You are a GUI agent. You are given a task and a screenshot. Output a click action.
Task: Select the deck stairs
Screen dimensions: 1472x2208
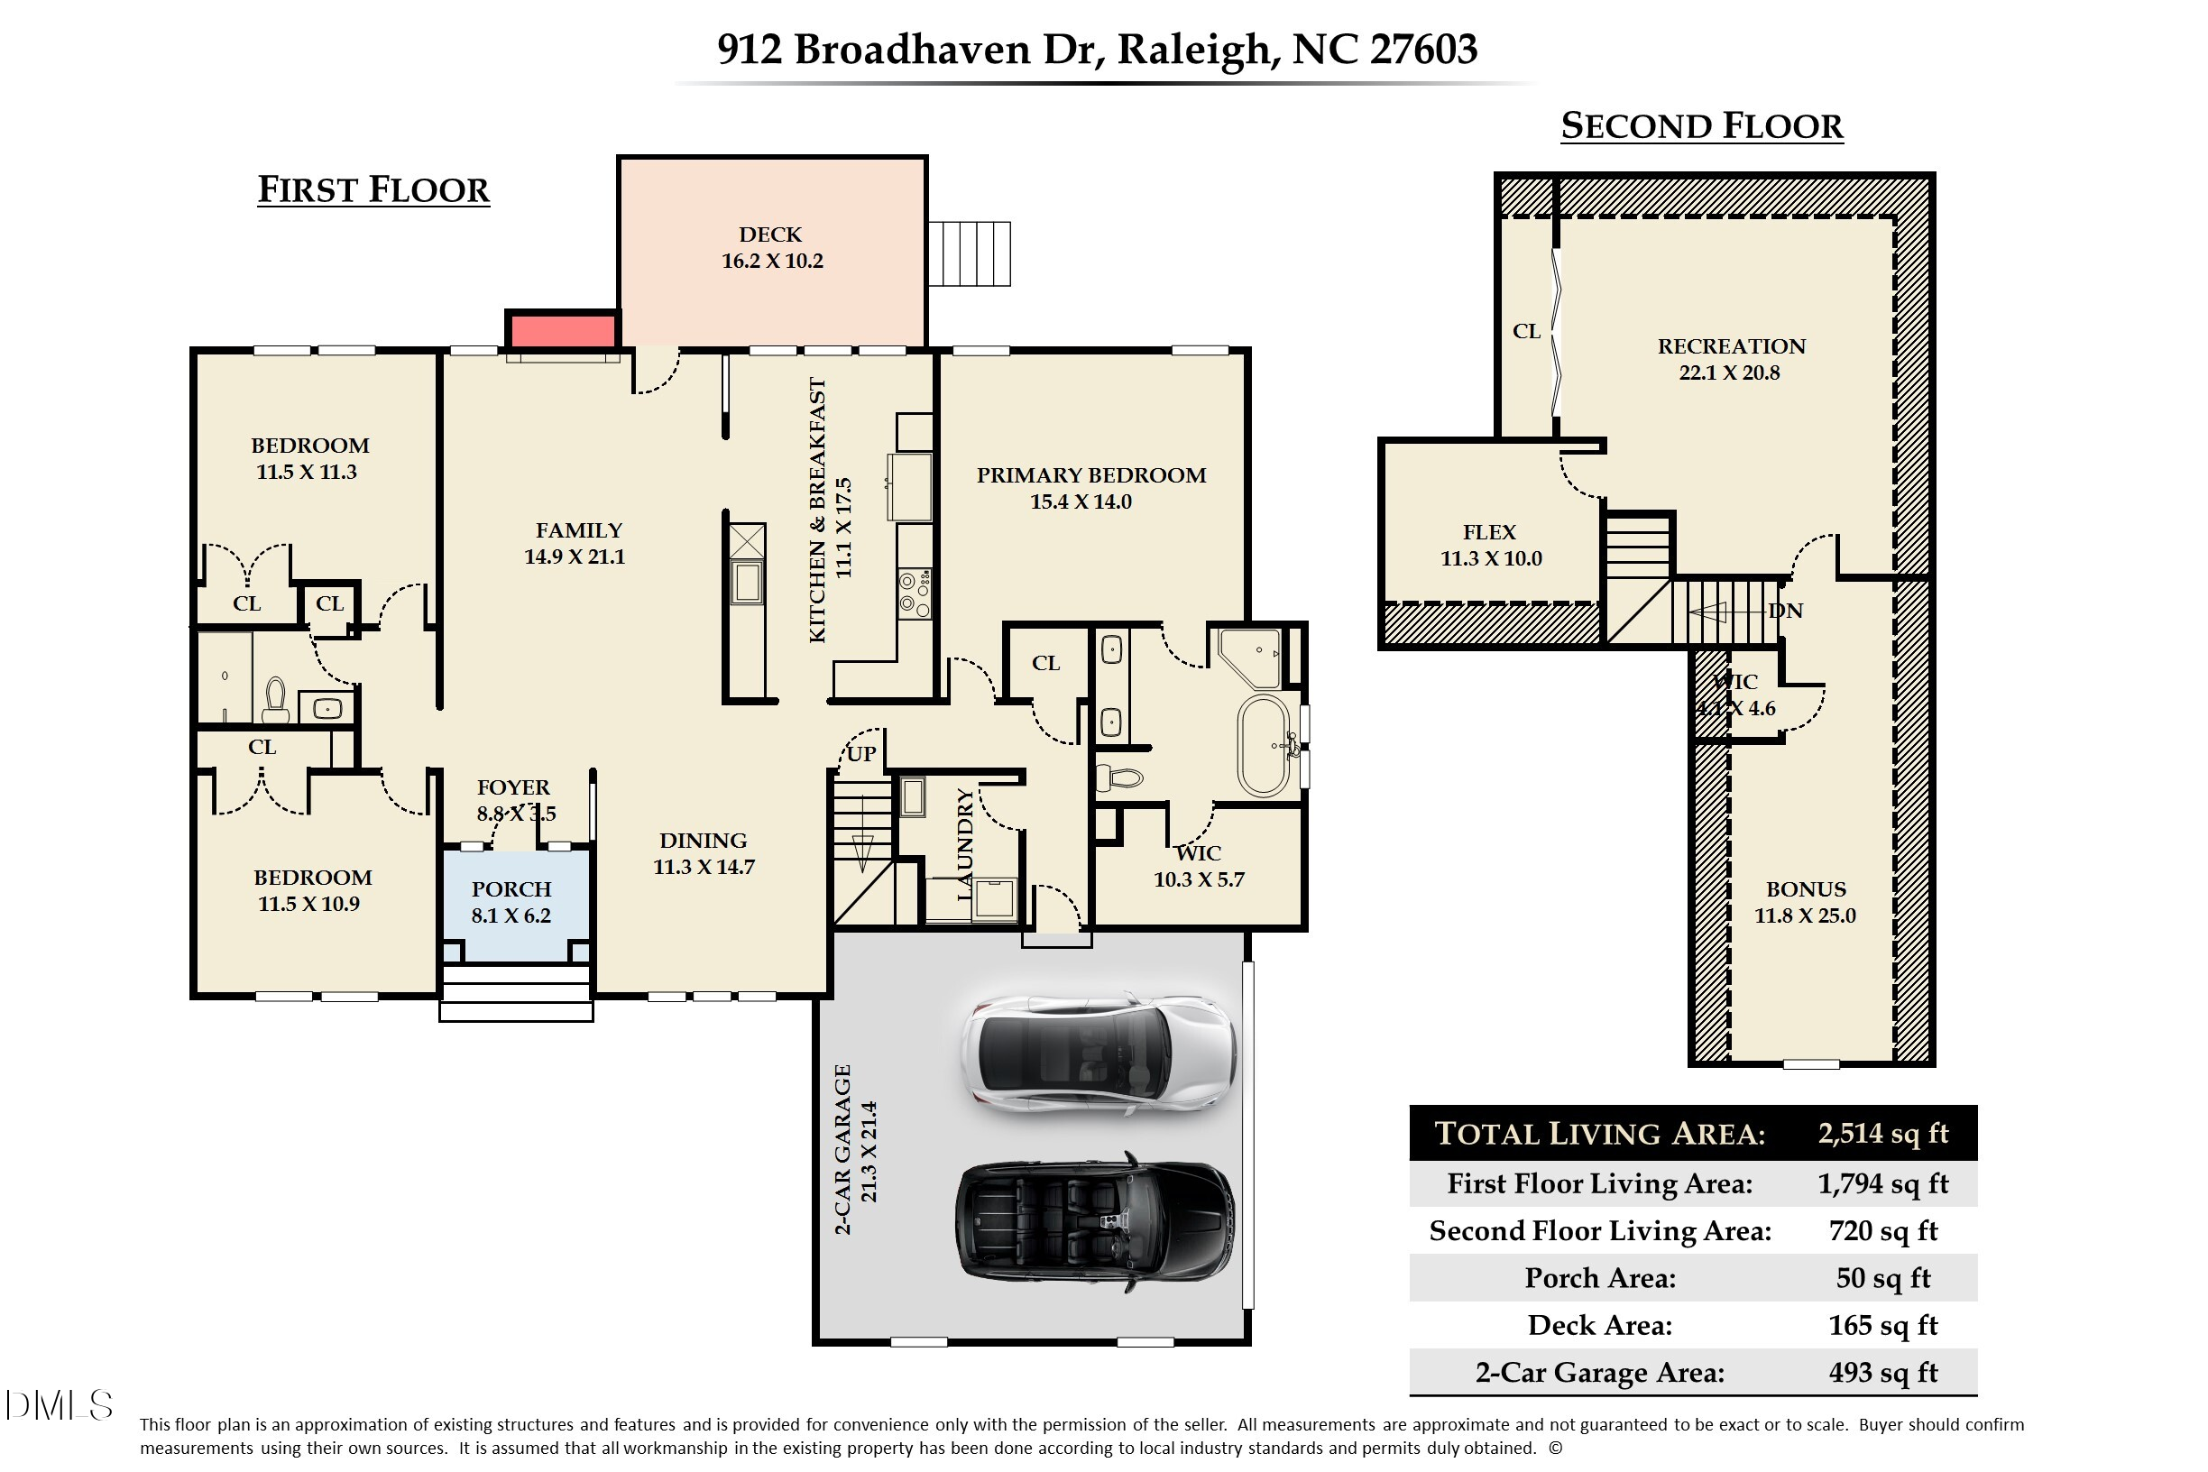[969, 253]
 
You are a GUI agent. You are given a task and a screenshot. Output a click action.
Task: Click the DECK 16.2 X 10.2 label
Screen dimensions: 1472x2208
[772, 248]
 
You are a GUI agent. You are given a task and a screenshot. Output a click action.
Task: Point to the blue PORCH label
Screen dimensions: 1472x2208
[511, 901]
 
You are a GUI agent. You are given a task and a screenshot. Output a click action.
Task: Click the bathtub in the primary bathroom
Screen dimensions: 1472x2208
[1263, 746]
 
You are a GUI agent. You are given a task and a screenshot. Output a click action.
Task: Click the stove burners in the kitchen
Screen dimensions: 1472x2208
[915, 593]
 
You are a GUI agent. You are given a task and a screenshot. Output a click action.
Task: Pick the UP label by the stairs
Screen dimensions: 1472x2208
[860, 753]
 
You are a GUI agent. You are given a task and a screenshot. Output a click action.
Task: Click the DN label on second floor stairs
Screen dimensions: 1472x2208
[1785, 612]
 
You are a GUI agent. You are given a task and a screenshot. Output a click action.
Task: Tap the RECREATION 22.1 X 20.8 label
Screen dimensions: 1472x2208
[1730, 360]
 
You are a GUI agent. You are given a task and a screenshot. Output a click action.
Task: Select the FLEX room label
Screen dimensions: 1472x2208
[1490, 546]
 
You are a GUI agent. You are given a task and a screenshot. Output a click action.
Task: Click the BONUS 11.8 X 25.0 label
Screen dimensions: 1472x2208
[1805, 902]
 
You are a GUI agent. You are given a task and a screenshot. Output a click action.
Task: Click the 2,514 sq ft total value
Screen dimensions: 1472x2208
[1882, 1133]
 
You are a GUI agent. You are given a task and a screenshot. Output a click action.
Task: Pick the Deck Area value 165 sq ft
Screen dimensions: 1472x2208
[1882, 1325]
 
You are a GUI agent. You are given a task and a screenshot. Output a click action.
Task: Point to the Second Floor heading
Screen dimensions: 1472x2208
[1701, 125]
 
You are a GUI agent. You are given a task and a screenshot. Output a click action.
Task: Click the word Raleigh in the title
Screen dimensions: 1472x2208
[1192, 49]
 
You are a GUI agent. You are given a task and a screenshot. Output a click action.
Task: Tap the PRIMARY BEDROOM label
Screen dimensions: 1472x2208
[1090, 488]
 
